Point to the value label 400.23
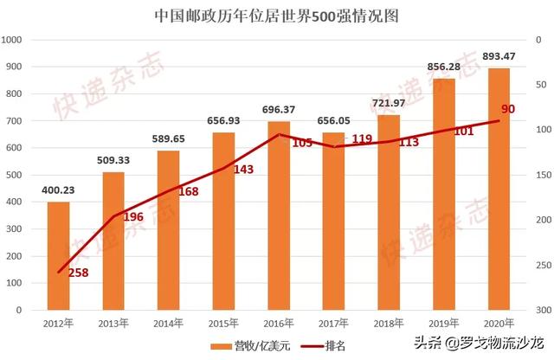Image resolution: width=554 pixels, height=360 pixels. click(58, 190)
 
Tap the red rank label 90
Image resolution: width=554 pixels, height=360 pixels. click(508, 109)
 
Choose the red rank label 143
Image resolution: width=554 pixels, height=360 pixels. click(243, 170)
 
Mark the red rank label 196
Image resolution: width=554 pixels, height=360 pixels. click(132, 217)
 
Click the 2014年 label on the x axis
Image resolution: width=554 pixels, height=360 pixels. click(169, 323)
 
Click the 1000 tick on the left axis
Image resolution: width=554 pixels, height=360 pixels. click(12, 40)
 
